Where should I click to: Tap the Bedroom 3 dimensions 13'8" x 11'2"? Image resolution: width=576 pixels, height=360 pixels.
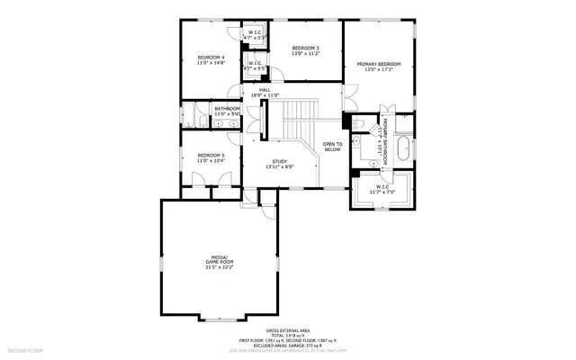tap(305, 54)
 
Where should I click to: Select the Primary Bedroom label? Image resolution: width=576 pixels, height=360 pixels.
tap(378, 64)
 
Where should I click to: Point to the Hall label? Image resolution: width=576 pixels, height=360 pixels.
tap(265, 90)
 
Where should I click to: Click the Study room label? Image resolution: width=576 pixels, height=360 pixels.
tap(280, 161)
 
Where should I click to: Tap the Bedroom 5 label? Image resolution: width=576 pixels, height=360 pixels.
tap(211, 155)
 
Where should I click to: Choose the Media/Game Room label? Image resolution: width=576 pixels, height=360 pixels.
tap(220, 259)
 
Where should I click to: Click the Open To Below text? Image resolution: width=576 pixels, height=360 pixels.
tap(332, 147)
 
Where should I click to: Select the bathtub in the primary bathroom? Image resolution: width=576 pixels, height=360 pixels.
tap(402, 149)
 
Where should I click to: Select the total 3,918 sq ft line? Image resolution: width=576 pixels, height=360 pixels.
tap(287, 336)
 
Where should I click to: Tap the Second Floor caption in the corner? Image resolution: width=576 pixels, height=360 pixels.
tap(24, 350)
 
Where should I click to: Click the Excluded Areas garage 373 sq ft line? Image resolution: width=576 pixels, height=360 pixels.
tap(287, 345)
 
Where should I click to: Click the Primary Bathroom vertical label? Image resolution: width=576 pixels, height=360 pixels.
tap(385, 140)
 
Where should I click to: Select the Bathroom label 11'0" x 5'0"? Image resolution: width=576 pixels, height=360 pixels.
tap(226, 112)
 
